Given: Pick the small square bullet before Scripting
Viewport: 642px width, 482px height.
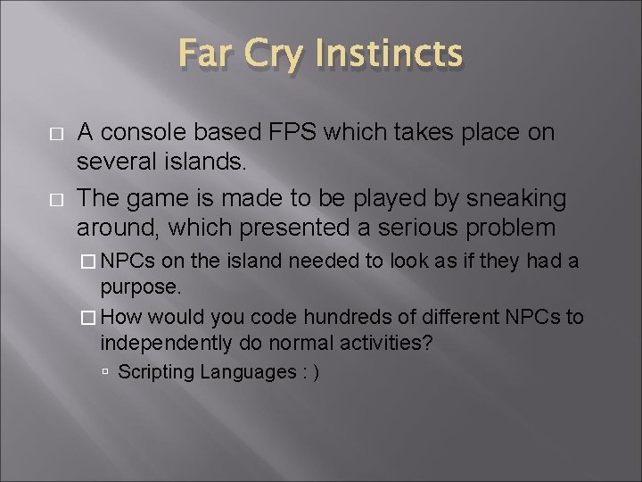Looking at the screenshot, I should point(105,371).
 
